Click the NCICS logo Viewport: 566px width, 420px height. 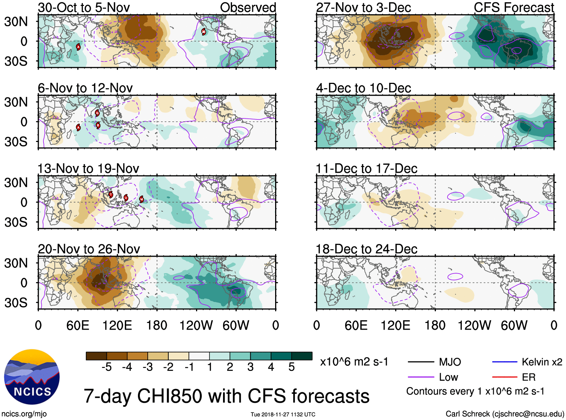coord(32,377)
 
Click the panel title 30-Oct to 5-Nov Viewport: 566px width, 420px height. coord(84,7)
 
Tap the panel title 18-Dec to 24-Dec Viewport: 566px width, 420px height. coord(366,249)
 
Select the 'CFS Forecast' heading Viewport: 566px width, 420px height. coord(514,7)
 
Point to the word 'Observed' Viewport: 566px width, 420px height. coord(248,7)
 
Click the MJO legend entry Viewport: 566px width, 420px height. coord(449,362)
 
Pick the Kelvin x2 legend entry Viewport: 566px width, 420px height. coord(542,362)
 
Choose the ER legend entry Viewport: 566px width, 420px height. coord(529,377)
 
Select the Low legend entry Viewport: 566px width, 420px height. coord(448,377)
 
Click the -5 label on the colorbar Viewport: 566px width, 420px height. coord(106,367)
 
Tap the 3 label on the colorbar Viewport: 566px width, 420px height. coord(250,367)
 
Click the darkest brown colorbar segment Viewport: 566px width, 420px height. coord(96,356)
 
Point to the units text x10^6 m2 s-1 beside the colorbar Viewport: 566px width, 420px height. coord(354,362)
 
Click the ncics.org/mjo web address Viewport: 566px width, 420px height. coord(24,414)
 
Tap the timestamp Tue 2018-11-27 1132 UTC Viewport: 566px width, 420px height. coord(283,414)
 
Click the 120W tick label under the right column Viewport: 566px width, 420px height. coord(474,325)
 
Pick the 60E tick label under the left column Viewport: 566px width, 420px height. coord(78,325)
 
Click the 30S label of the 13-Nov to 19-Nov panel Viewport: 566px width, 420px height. coord(16,222)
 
